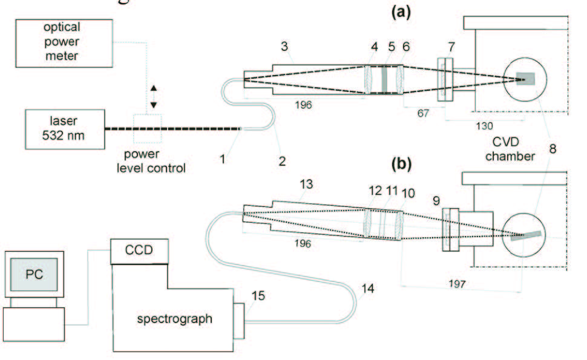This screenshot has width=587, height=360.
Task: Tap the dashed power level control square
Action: coord(152,128)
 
